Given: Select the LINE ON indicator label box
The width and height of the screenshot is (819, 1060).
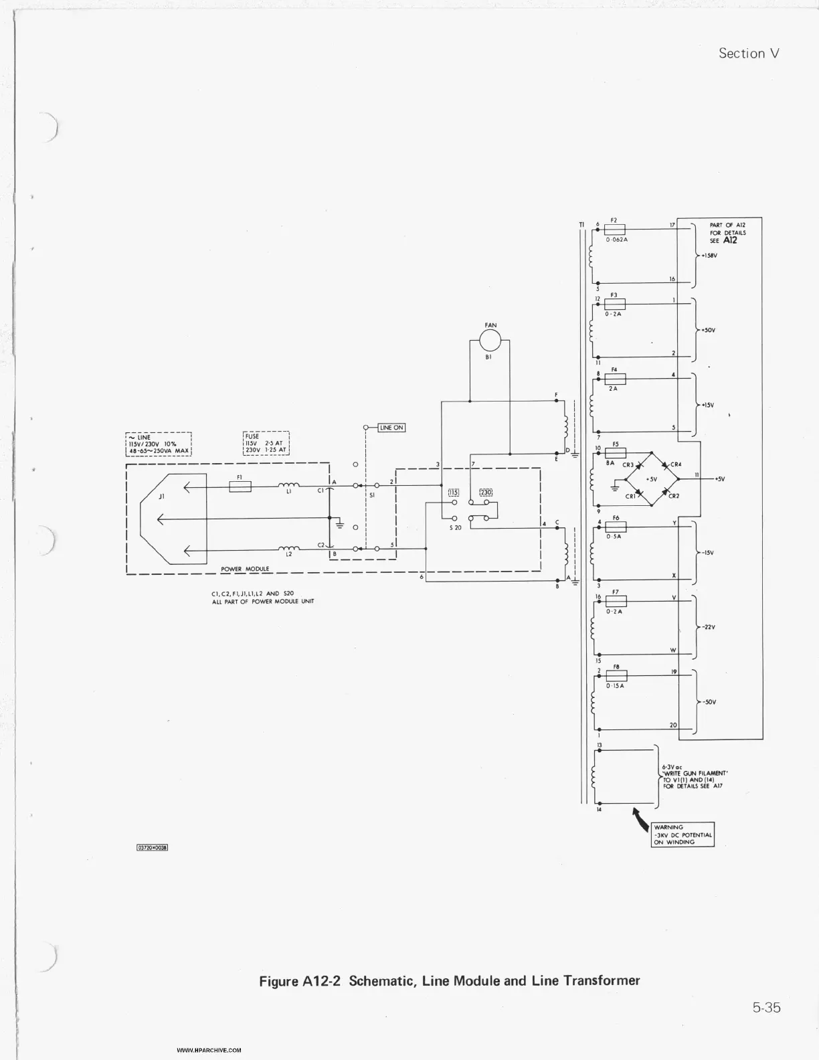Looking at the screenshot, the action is coord(391,428).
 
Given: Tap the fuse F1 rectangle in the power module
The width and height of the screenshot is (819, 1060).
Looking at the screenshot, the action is coord(240,487).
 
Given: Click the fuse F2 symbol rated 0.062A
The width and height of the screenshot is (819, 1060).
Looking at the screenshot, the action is coord(615,230).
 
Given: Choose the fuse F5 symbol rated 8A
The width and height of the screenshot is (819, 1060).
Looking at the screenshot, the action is coord(615,453).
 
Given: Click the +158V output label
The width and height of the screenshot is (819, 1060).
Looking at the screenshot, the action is coord(709,255).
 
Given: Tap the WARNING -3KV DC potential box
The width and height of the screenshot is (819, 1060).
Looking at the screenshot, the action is coord(682,834).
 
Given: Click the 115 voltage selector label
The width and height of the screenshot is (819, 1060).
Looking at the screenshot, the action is coord(453,493).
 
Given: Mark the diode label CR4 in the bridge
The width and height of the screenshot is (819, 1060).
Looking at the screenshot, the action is coord(676,464).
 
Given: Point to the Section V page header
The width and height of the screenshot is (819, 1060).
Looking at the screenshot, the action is coord(749,54).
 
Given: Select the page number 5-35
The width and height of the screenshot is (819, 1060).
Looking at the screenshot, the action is coord(766,1007).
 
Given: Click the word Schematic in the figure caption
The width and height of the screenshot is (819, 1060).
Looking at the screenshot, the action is coord(383,981).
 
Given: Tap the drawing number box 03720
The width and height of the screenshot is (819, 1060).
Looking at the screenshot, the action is coord(152,847).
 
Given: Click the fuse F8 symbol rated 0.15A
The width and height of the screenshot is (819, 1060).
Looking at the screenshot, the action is coord(616,676).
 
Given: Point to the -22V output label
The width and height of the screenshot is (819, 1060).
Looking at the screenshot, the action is coord(709,628).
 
